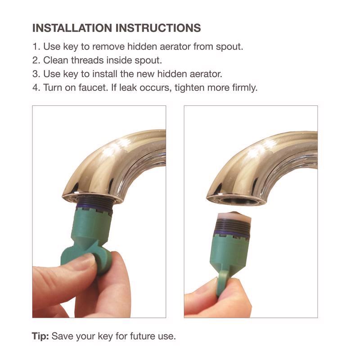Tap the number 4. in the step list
[x=36, y=87]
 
